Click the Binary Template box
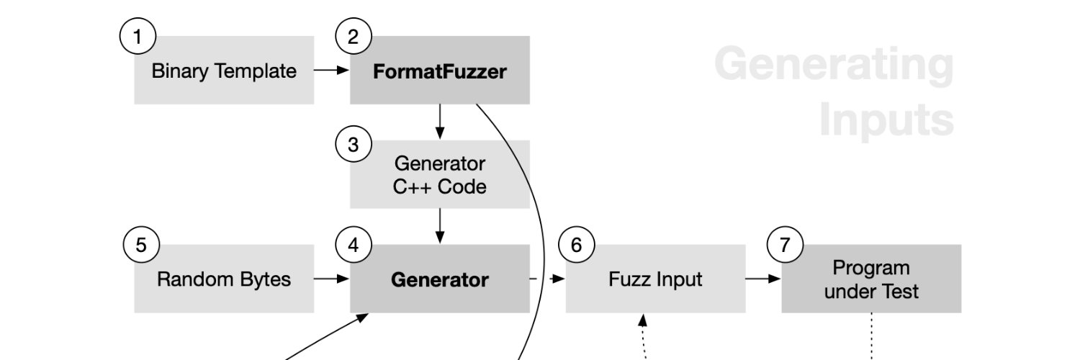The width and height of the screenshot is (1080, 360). [x=224, y=71]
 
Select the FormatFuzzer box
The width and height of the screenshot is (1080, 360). [x=440, y=71]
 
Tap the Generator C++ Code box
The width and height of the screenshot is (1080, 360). [x=440, y=175]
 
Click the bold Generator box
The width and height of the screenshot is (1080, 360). [x=440, y=279]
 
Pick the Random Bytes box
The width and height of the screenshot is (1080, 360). [x=224, y=279]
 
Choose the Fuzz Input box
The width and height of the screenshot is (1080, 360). [x=655, y=279]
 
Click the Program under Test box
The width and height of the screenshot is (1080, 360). [x=871, y=279]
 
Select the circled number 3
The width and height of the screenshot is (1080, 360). [x=353, y=144]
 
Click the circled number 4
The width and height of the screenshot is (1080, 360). [x=353, y=245]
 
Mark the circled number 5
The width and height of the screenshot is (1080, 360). [x=141, y=245]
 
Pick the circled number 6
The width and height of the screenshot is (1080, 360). [x=576, y=245]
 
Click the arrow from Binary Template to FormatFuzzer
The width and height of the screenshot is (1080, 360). [x=332, y=71]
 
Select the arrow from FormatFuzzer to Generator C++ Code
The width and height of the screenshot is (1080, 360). [x=440, y=122]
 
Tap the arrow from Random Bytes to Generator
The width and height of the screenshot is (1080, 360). [x=332, y=279]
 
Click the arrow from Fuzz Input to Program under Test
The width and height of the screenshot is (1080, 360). [x=763, y=279]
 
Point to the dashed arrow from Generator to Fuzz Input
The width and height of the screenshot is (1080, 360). [x=547, y=279]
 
